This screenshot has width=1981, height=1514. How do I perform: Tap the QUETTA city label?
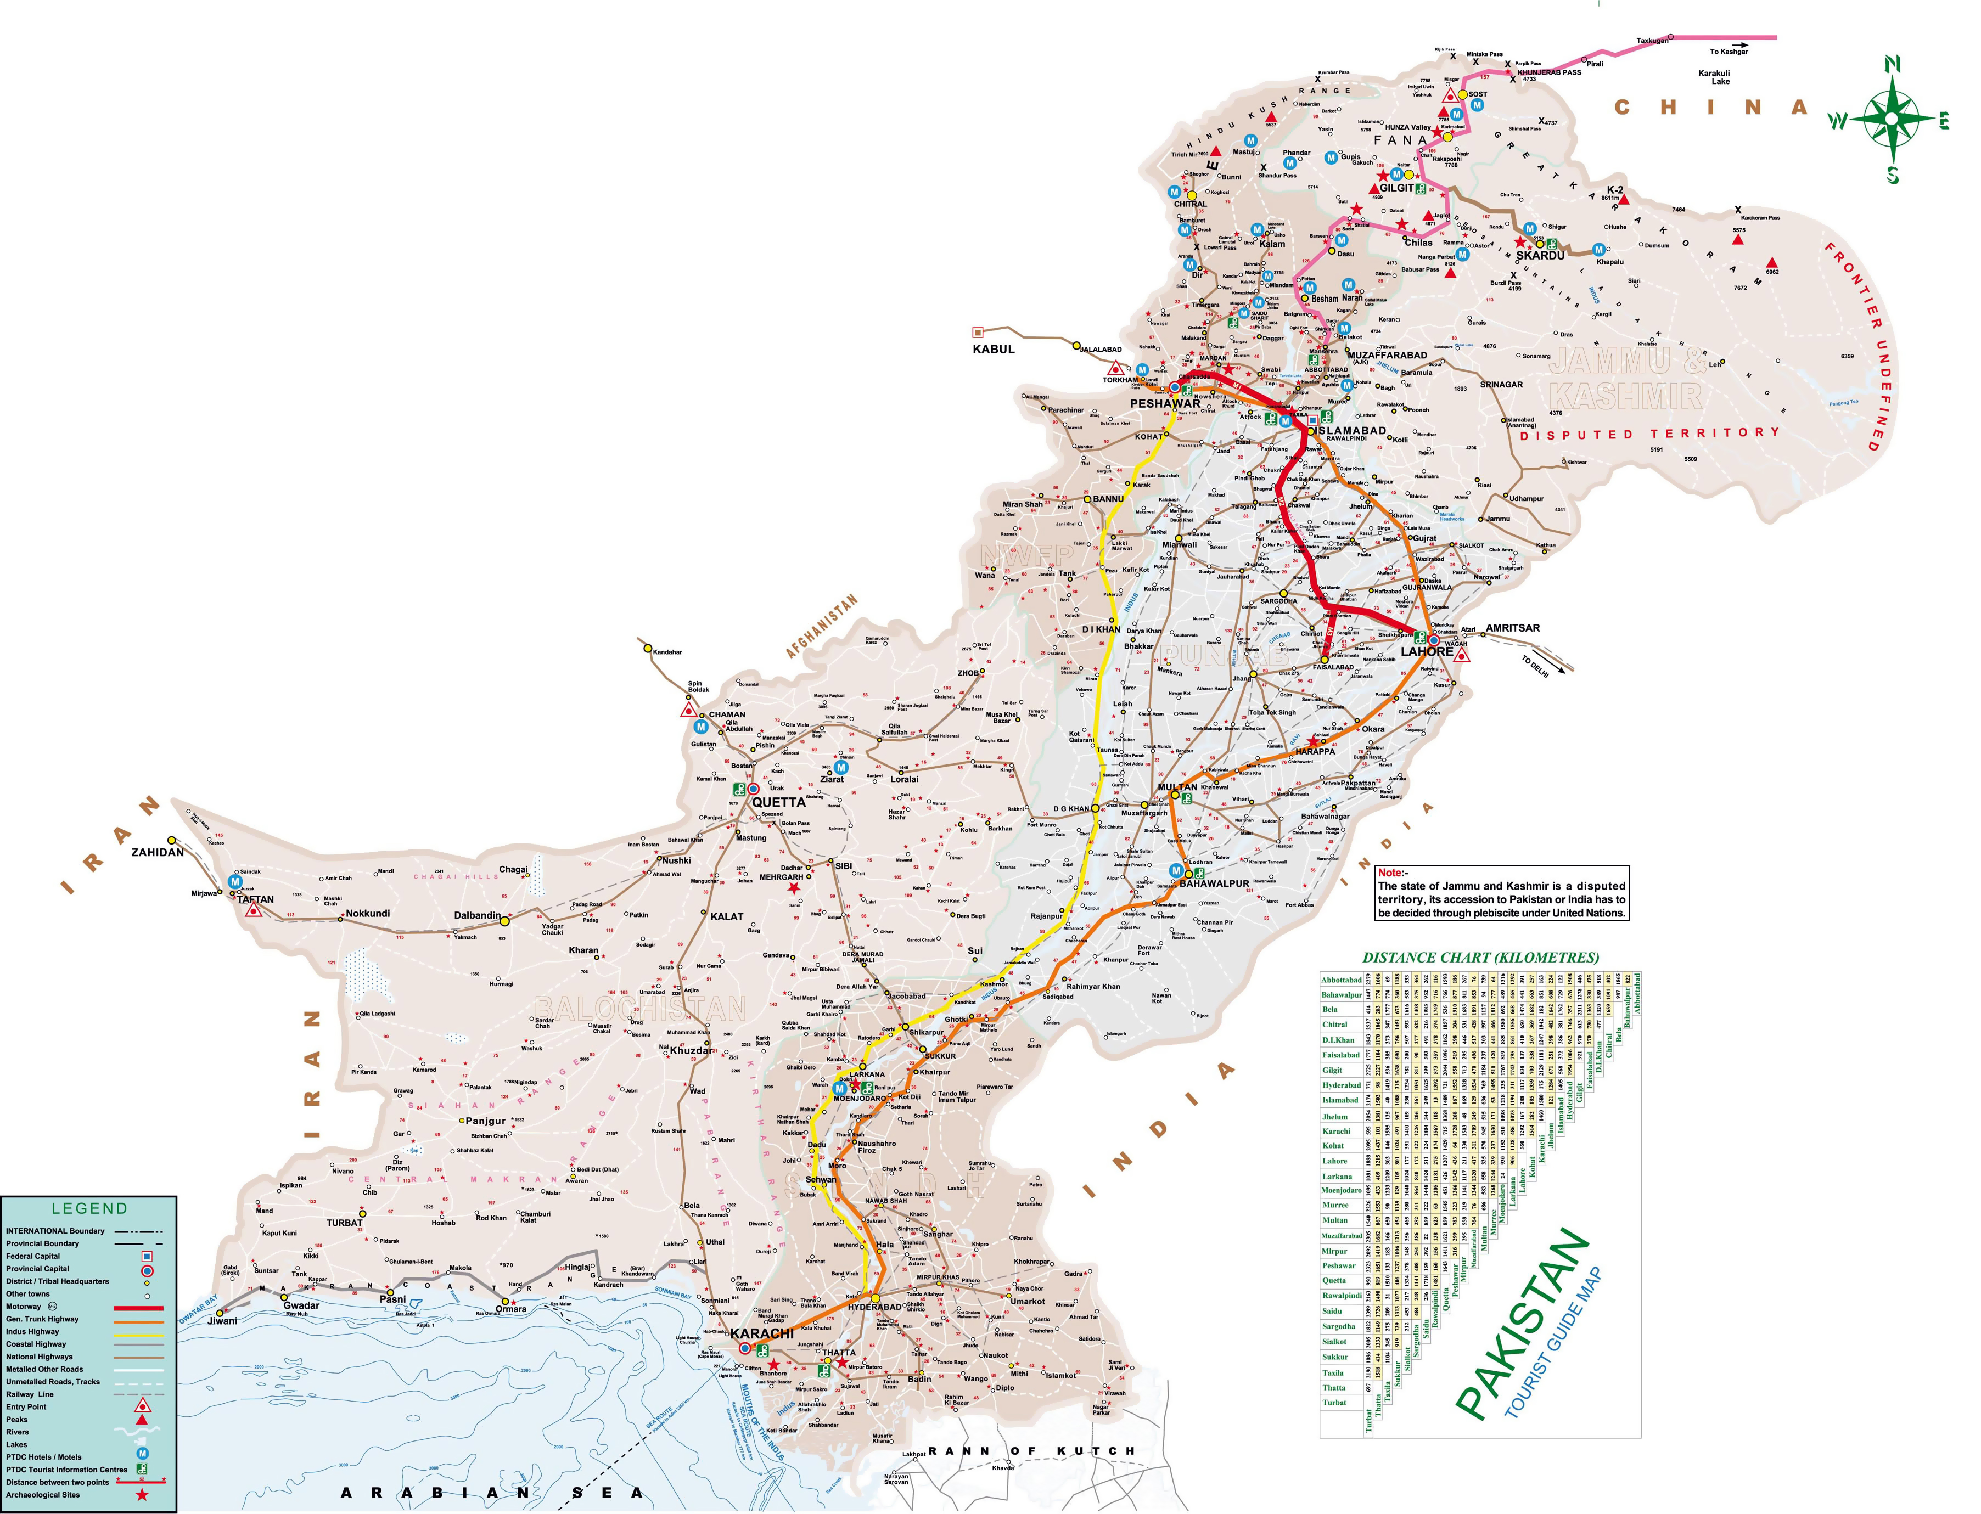point(779,802)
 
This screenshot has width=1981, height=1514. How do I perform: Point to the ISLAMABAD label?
point(1348,431)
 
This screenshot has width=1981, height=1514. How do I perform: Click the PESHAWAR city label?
point(1165,404)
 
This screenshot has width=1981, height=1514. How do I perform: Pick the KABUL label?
point(993,349)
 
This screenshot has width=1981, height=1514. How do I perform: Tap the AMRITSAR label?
point(1512,628)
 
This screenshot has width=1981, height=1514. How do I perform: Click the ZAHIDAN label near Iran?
point(158,852)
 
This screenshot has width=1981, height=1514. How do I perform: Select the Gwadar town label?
point(301,1305)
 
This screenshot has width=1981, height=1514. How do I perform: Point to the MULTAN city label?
point(1177,787)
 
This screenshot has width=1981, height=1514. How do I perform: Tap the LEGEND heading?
point(89,1208)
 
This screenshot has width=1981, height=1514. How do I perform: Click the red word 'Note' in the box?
point(1391,873)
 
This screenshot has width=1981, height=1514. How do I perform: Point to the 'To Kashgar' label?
point(1729,52)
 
